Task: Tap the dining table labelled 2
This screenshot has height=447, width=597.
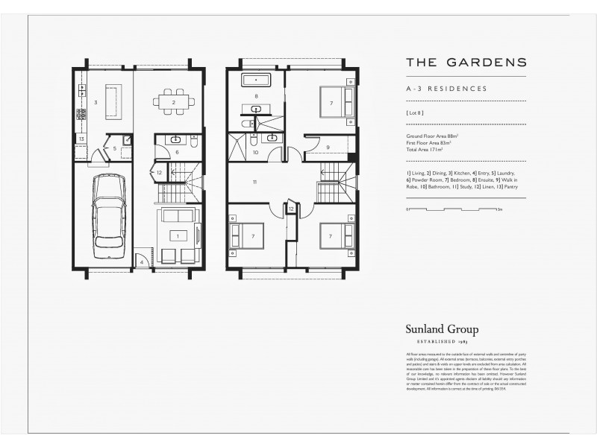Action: [x=174, y=102]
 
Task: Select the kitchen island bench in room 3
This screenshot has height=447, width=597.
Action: [x=112, y=102]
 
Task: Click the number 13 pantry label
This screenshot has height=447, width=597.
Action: [x=81, y=139]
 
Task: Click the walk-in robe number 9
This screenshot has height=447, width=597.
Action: [x=328, y=147]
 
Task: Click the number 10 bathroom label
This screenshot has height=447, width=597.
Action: [x=255, y=152]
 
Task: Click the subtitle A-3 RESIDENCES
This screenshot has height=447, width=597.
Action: [x=446, y=89]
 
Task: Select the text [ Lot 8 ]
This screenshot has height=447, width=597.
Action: [x=416, y=112]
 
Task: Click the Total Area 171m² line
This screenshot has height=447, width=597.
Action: [x=425, y=150]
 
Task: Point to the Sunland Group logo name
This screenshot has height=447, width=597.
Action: [x=443, y=329]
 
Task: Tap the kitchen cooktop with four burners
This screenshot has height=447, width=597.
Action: [x=82, y=115]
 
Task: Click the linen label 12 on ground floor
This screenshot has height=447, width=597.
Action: [x=159, y=173]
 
